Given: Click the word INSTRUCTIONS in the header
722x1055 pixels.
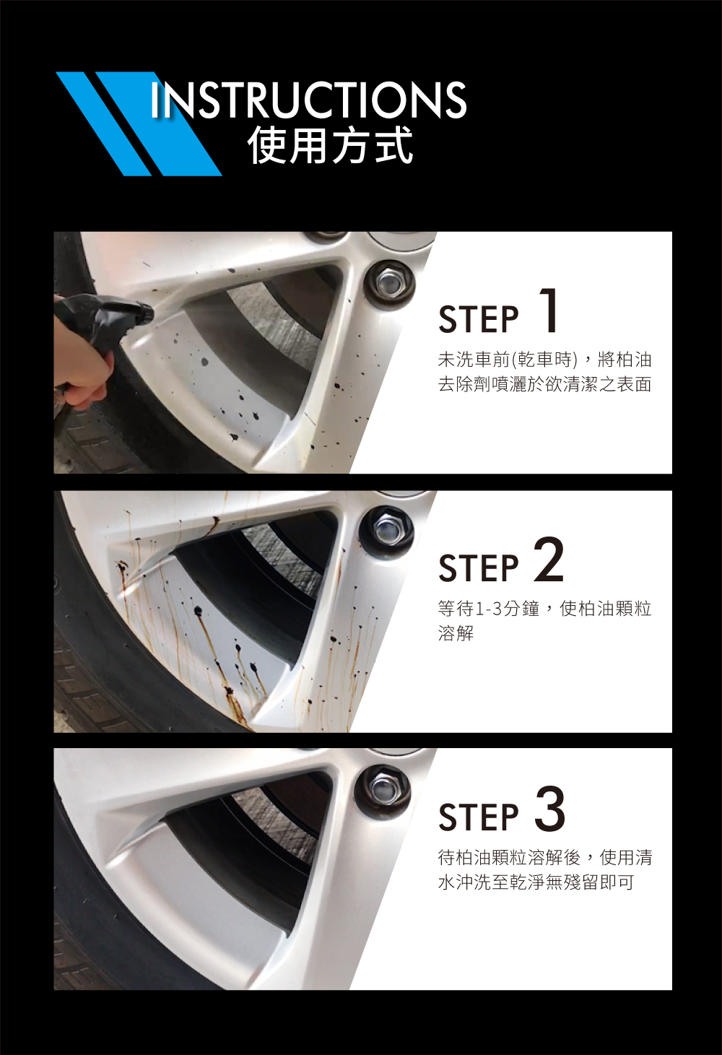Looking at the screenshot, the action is pyautogui.click(x=308, y=100).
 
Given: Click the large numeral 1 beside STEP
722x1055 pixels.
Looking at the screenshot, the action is pyautogui.click(x=548, y=311).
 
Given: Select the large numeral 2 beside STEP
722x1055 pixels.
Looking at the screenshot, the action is pyautogui.click(x=549, y=560).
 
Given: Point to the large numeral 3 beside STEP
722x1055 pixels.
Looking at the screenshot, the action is pyautogui.click(x=549, y=809).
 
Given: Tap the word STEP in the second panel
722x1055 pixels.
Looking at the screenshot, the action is pyautogui.click(x=478, y=568).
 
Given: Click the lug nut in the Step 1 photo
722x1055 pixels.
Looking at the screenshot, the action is pyautogui.click(x=389, y=282).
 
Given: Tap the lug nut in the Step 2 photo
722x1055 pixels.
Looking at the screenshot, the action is pyautogui.click(x=386, y=531).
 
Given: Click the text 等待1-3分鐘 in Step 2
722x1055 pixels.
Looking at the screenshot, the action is pyautogui.click(x=488, y=609).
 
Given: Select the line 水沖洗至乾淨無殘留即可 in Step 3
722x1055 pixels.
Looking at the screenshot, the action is pyautogui.click(x=536, y=882).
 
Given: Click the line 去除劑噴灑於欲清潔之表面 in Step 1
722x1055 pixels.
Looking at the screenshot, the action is pyautogui.click(x=545, y=385).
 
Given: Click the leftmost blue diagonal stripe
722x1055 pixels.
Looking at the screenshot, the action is pyautogui.click(x=104, y=124).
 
